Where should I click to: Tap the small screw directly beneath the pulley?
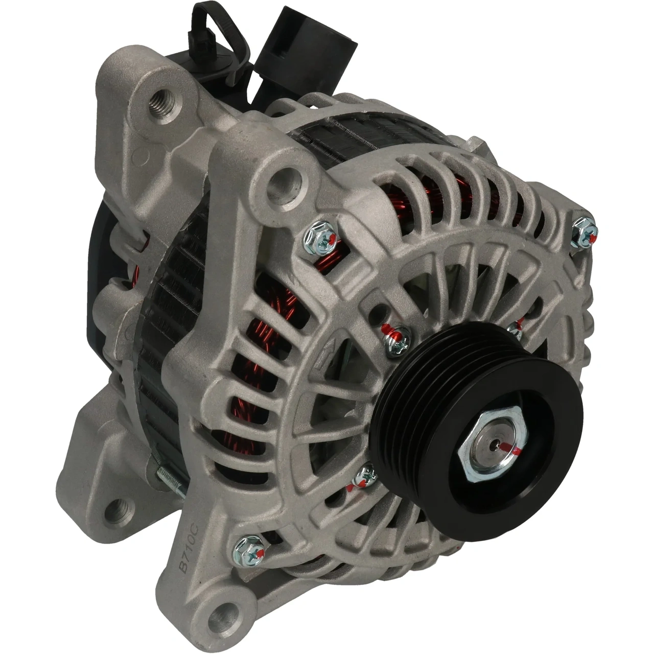point(365,477)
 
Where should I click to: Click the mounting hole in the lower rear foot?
point(116,511)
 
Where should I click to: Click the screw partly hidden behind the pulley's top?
point(516,330)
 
